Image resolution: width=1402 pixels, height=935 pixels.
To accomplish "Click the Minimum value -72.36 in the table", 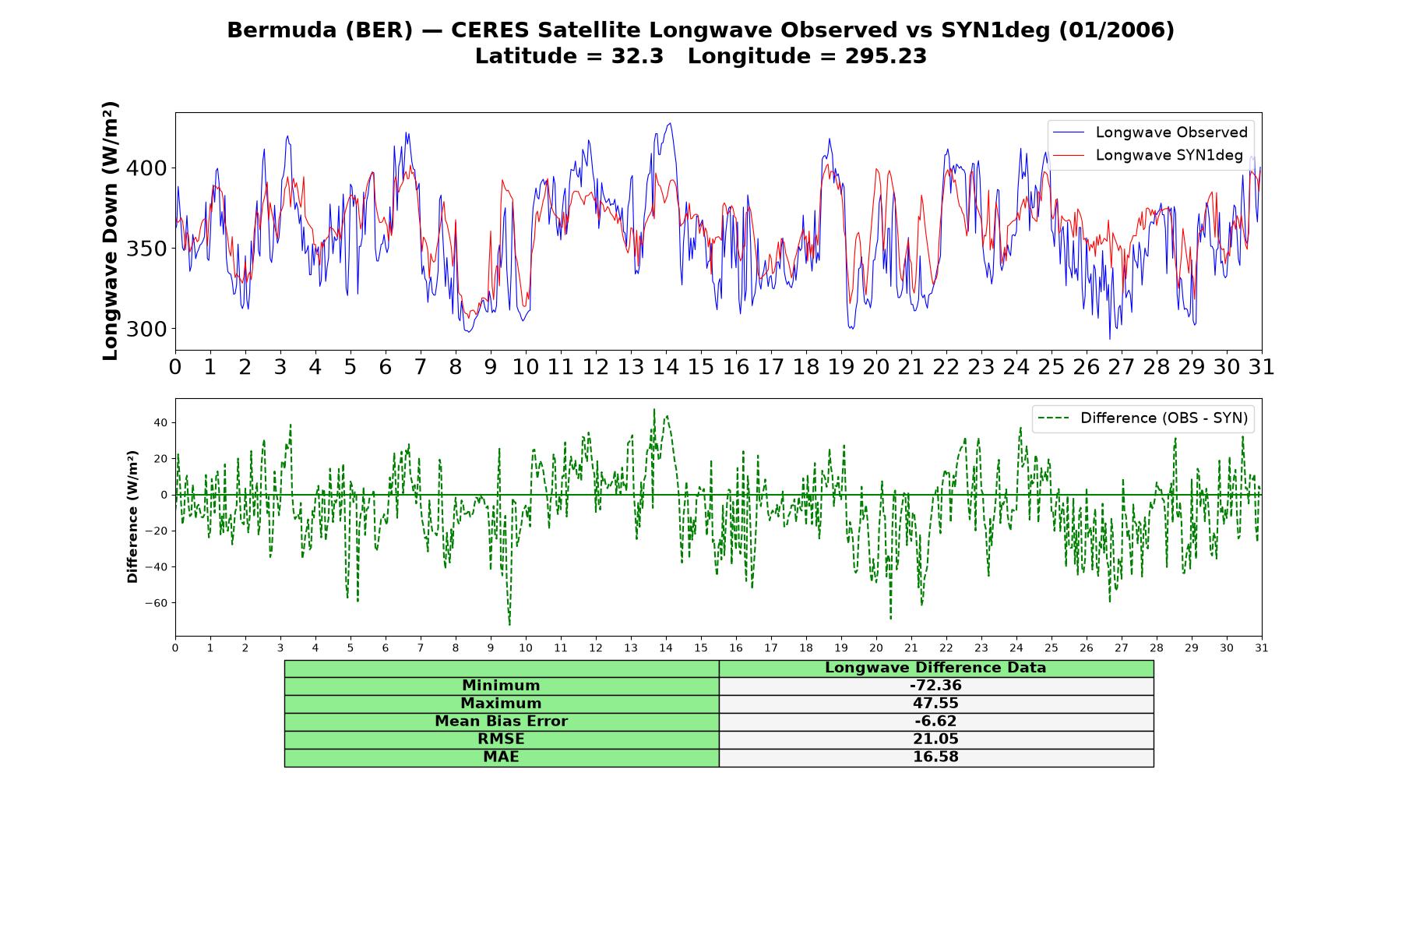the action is (935, 686).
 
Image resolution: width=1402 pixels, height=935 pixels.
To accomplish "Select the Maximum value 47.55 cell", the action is (935, 704).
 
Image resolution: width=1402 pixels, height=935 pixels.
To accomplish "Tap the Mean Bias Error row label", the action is (501, 722).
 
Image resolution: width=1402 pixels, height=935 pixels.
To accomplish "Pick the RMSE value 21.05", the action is (935, 739).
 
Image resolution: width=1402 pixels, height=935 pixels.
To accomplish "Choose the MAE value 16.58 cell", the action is (935, 757).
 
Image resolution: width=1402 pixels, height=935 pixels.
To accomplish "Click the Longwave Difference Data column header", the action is (935, 668).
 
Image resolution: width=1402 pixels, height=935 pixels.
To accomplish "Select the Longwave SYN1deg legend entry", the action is (1147, 155).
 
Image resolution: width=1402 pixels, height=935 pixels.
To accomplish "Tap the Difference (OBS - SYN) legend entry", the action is (1143, 418).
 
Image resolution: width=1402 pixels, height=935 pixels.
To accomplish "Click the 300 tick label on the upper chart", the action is (147, 329).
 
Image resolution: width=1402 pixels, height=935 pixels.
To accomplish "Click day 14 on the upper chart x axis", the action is (666, 367).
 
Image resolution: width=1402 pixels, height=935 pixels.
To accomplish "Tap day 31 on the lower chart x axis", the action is (1262, 648).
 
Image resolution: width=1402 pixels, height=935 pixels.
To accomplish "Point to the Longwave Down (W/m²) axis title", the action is (111, 231).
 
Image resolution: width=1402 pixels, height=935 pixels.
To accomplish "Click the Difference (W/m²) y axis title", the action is (132, 517).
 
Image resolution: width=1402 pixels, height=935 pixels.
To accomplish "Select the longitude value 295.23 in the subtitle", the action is (886, 56).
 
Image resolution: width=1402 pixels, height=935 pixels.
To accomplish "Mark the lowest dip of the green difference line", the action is (509, 625).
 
